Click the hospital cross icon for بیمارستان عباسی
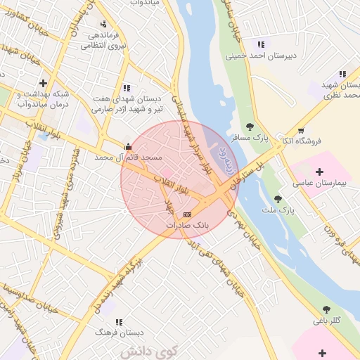(320, 171)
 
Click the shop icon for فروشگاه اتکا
(301, 131)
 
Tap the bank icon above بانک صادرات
(186, 214)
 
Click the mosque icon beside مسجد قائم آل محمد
(127, 147)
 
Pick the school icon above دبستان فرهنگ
(117, 322)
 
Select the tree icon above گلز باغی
(326, 309)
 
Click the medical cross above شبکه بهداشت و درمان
(43, 83)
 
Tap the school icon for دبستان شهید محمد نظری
(342, 74)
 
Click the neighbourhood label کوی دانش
(149, 349)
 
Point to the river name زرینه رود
(222, 150)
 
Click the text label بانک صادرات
(186, 225)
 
